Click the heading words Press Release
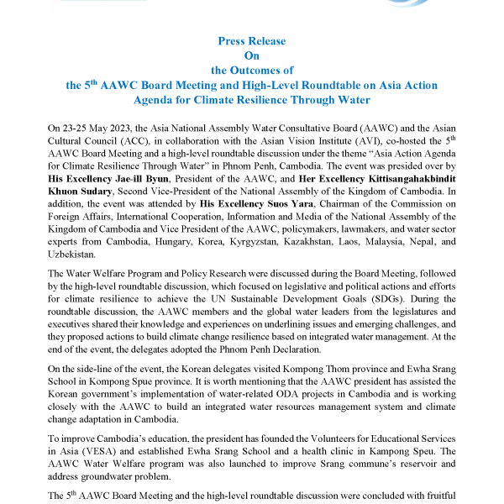click(252, 40)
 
